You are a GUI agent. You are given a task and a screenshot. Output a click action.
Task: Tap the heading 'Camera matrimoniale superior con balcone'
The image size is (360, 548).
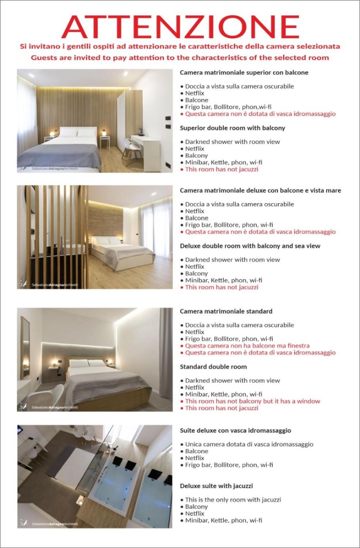click(244, 72)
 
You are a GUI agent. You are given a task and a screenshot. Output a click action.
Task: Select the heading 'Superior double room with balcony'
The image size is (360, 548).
click(232, 128)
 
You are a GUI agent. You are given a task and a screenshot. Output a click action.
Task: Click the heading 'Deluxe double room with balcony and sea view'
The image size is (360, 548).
click(250, 246)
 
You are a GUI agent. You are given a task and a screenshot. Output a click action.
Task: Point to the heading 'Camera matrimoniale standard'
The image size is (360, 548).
click(226, 311)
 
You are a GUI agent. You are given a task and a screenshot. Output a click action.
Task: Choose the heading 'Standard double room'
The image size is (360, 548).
click(213, 367)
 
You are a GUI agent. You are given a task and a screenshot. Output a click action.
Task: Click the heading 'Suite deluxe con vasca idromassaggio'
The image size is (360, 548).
click(235, 430)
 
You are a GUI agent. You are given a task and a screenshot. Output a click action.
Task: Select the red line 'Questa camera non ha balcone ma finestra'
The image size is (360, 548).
click(247, 346)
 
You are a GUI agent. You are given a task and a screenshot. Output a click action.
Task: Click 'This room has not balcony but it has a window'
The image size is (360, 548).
click(252, 401)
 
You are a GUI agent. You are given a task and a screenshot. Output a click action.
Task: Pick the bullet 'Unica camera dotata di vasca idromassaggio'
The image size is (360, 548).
click(249, 444)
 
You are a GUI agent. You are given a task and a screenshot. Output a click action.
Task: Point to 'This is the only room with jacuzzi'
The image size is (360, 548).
click(233, 499)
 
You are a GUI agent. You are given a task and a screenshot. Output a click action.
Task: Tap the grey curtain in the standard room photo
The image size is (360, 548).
click(166, 352)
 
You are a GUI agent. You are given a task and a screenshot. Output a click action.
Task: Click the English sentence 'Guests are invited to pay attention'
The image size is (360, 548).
click(180, 58)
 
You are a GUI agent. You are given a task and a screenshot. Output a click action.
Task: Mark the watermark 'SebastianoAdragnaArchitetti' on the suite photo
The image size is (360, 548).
click(54, 524)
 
